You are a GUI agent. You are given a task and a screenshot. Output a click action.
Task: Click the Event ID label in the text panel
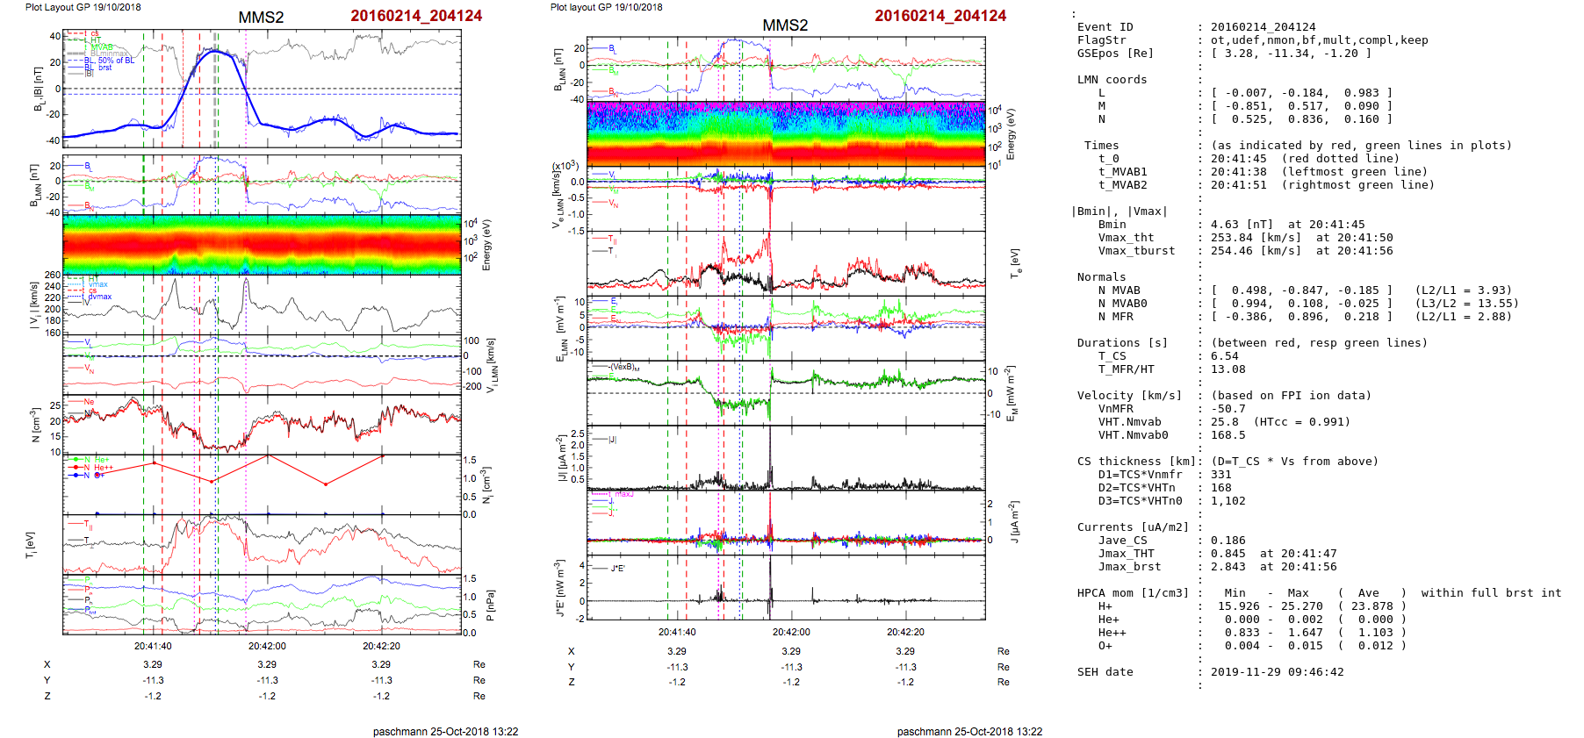point(1105,27)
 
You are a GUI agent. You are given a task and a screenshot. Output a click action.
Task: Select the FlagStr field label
point(1101,40)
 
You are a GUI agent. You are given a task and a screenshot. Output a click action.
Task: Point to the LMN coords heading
point(1112,80)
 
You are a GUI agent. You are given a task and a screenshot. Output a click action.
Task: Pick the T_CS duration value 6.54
point(1225,356)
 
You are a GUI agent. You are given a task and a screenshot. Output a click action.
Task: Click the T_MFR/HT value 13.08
point(1228,369)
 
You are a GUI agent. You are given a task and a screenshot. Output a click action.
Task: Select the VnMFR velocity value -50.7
point(1228,409)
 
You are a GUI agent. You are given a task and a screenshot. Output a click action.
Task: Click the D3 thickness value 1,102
point(1228,501)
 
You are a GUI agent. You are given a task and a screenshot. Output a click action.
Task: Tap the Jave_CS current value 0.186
point(1228,541)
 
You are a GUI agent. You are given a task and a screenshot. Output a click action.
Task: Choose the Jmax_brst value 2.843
point(1228,567)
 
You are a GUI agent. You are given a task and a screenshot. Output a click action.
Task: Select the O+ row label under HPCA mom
point(1105,646)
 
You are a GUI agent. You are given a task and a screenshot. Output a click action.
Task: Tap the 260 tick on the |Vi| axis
point(53,275)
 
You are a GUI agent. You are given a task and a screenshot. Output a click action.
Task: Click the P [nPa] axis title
point(489,605)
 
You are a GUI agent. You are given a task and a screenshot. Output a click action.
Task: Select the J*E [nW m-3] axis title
point(559,589)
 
